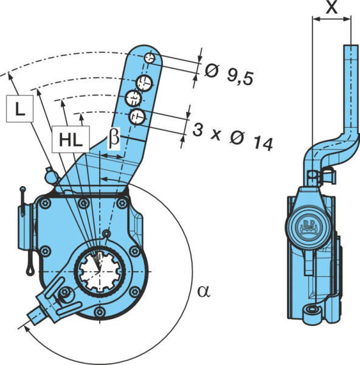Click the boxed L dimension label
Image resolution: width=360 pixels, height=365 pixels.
click(x=20, y=108)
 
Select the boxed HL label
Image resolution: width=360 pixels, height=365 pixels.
click(x=71, y=139)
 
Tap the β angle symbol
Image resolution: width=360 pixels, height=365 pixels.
click(x=114, y=138)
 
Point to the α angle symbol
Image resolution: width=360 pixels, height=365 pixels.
click(x=204, y=291)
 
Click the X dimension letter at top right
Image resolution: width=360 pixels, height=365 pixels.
click(x=331, y=7)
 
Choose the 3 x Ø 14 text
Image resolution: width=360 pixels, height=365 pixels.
click(x=232, y=138)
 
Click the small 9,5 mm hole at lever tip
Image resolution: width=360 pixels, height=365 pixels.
click(x=150, y=58)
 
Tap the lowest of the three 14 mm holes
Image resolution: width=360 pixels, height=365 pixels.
click(x=137, y=117)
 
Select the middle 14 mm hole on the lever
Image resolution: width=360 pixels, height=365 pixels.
click(x=133, y=99)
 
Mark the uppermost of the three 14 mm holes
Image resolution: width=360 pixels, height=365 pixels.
click(x=144, y=83)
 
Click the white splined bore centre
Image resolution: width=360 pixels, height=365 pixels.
click(x=100, y=271)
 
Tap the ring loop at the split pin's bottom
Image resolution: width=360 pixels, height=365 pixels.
click(x=30, y=270)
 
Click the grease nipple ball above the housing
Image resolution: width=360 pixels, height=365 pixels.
click(x=50, y=176)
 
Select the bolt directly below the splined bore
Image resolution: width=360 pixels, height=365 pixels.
click(x=100, y=311)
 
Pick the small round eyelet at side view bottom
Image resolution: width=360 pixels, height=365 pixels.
click(x=311, y=311)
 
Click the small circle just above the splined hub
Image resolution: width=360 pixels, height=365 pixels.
click(x=106, y=234)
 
